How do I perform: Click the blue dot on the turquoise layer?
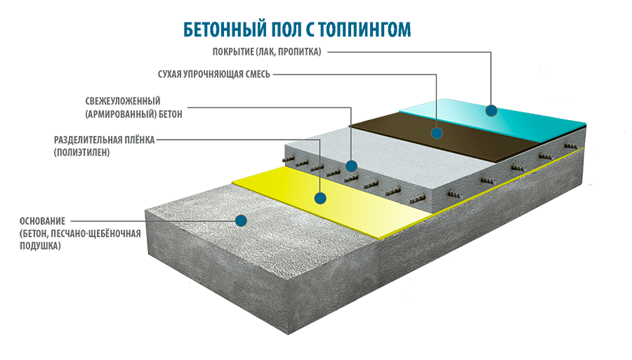pyautogui.click(x=491, y=110)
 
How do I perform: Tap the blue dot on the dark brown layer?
pyautogui.click(x=437, y=132)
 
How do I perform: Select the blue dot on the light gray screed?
pyautogui.click(x=351, y=166)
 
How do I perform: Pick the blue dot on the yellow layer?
pyautogui.click(x=320, y=199)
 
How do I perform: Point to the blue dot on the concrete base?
pyautogui.click(x=241, y=220)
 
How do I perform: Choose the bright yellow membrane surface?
pyautogui.click(x=351, y=211)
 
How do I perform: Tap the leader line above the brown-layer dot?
pyautogui.click(x=437, y=112)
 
